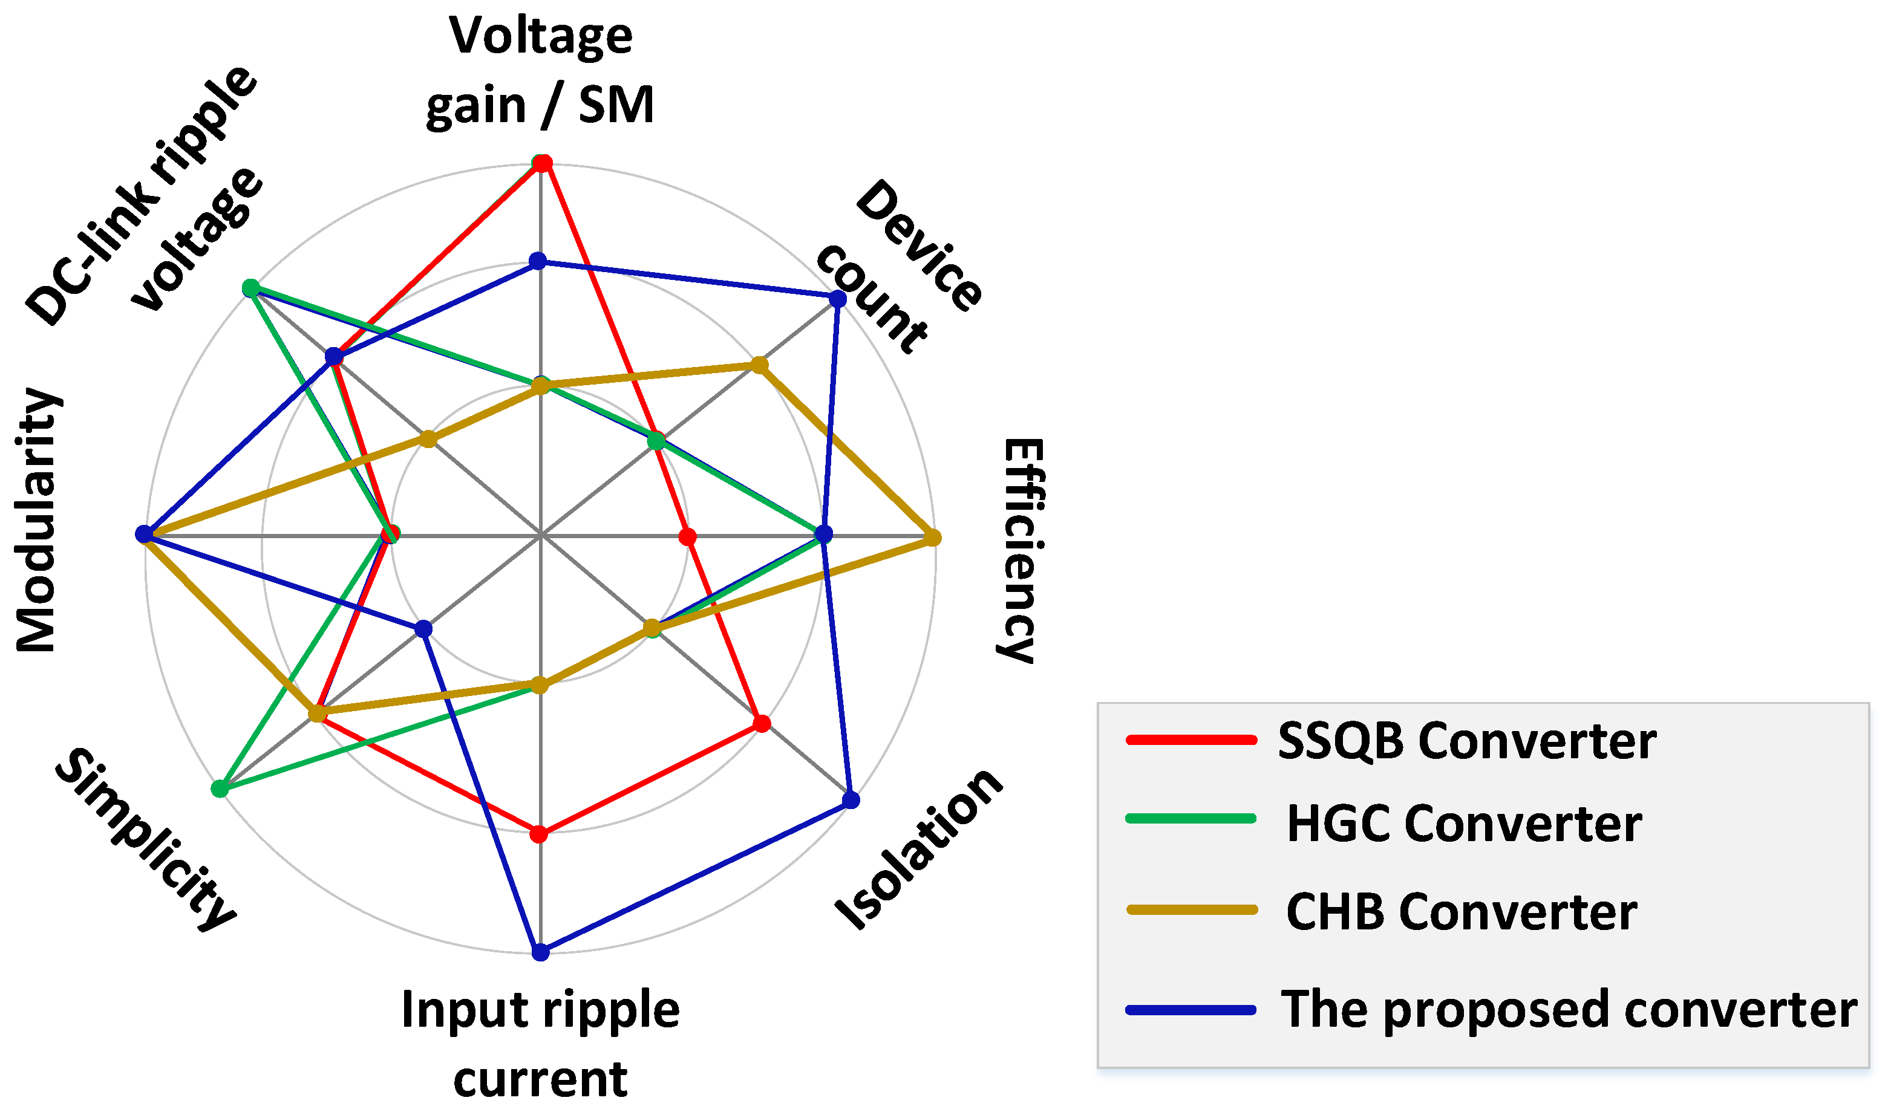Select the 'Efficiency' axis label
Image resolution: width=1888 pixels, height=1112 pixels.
[x=1019, y=551]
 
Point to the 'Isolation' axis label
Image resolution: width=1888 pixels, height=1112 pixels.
[x=919, y=851]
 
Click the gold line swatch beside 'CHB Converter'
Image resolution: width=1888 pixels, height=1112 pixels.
[x=1191, y=909]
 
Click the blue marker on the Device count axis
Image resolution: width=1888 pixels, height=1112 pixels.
[x=837, y=299]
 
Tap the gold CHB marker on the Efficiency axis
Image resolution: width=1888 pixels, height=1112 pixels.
[x=932, y=538]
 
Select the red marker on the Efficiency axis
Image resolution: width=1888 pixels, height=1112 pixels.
[x=687, y=536]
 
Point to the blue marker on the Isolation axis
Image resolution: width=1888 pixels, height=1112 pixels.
[x=851, y=799]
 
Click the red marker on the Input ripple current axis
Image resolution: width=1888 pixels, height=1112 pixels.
[x=539, y=833]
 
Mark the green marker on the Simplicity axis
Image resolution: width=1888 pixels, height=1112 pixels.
[x=220, y=788]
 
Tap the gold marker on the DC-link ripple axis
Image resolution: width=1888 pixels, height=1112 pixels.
[x=427, y=438]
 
